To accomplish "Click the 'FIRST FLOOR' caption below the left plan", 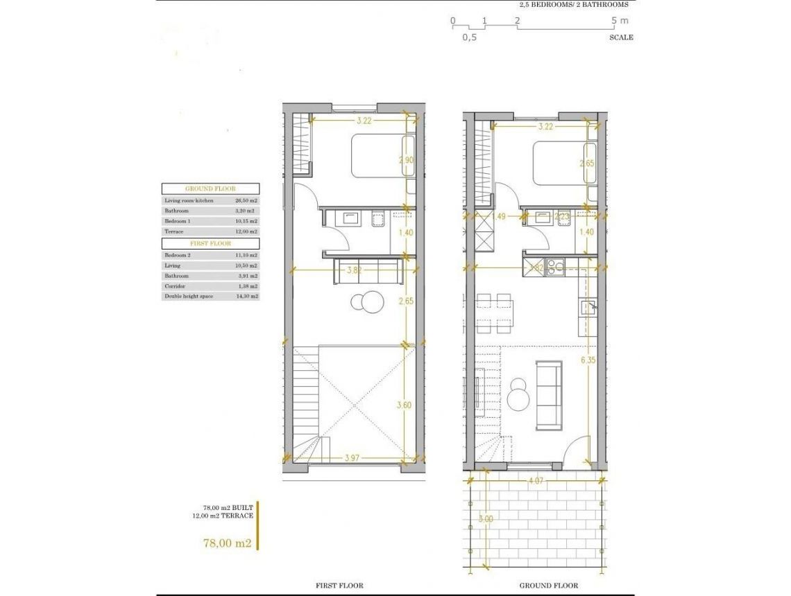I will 339,586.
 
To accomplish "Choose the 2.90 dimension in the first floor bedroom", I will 407,161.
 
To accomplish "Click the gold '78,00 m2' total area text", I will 227,543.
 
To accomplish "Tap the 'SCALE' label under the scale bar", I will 621,37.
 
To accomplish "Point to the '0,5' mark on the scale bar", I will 470,37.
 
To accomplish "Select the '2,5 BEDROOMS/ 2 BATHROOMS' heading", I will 573,5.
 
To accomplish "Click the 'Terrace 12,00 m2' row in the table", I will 210,231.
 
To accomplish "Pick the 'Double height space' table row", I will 210,296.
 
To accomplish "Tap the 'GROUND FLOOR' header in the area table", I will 210,189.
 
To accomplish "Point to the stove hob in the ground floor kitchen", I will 555,267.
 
